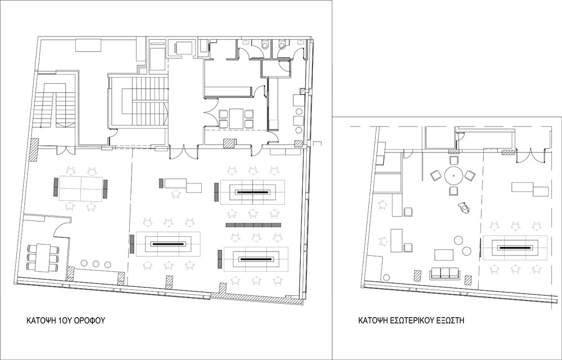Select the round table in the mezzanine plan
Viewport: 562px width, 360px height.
(454, 175)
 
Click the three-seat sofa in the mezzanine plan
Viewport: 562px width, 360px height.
(445, 273)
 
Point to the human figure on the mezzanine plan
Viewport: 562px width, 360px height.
(464, 208)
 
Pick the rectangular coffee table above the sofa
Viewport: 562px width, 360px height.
(444, 255)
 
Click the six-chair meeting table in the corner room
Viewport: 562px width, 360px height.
(43, 256)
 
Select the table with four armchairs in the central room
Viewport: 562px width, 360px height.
(236, 118)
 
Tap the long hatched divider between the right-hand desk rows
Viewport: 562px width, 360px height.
(253, 225)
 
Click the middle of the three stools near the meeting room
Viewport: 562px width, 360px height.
(96, 264)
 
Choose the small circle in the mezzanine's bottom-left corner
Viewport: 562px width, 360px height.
(387, 277)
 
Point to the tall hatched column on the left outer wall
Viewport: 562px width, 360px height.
(34, 150)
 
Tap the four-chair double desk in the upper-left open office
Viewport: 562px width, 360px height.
(81, 188)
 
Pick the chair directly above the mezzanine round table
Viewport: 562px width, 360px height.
(454, 160)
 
